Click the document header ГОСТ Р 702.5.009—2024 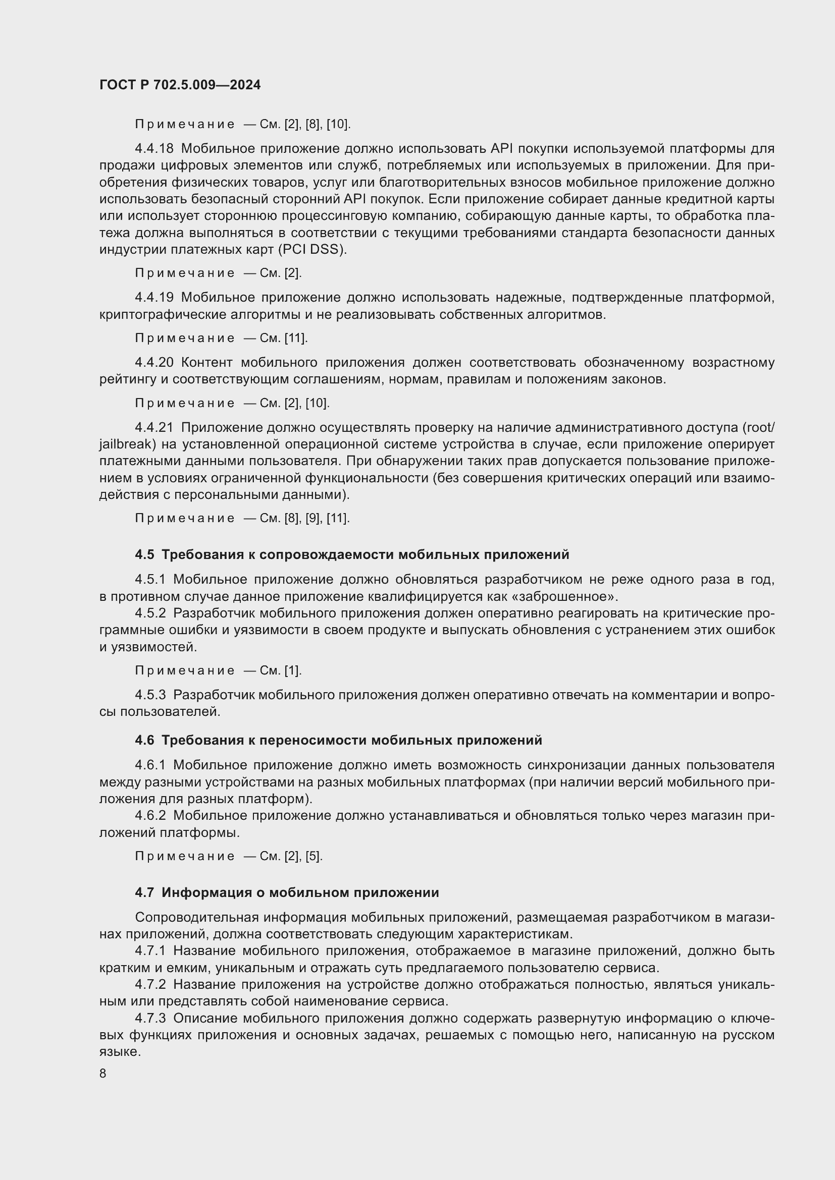[180, 85]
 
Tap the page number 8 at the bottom [103, 1073]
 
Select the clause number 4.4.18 [154, 149]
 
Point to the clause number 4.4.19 [154, 298]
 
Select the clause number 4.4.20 [154, 363]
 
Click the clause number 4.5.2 [150, 613]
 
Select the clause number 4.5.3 [150, 695]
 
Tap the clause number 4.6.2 [150, 816]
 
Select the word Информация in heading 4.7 [206, 893]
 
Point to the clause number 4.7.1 [150, 951]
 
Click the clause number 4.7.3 [150, 1018]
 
